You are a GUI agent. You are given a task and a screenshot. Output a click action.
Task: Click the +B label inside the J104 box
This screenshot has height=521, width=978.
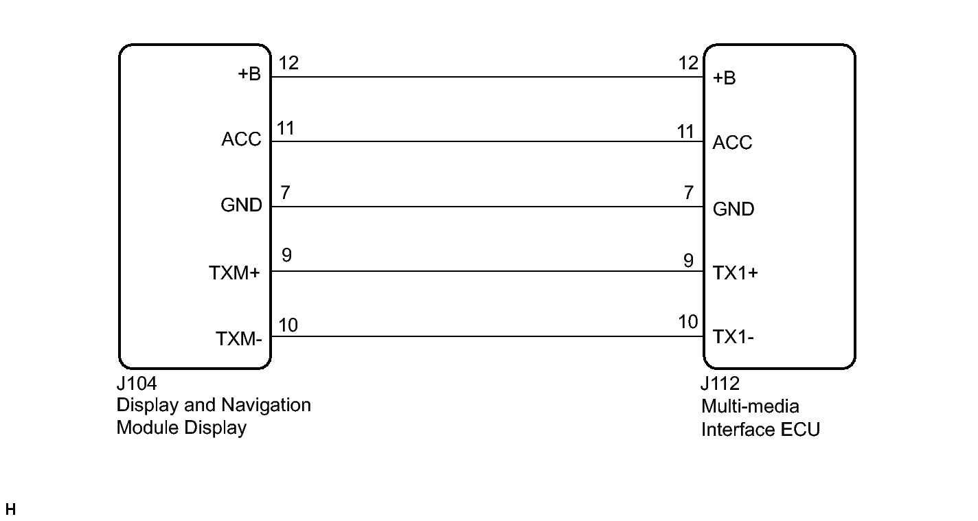click(x=249, y=73)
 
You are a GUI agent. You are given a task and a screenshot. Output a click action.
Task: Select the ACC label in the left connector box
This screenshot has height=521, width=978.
click(x=241, y=139)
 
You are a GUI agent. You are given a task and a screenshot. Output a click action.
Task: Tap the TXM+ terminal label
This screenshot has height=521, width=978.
click(x=234, y=273)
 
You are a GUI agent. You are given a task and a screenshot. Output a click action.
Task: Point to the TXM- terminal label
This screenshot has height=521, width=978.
click(x=239, y=338)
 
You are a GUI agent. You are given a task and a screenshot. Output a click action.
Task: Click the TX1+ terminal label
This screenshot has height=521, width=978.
click(x=736, y=273)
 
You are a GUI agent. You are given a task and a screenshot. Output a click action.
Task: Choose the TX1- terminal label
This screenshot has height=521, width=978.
click(x=733, y=337)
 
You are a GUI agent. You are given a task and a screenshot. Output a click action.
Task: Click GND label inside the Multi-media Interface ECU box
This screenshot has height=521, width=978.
click(x=733, y=209)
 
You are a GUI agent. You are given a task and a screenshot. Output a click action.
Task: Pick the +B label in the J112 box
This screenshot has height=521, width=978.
click(x=725, y=78)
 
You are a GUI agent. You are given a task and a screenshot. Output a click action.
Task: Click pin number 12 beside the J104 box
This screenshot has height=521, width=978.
click(x=288, y=63)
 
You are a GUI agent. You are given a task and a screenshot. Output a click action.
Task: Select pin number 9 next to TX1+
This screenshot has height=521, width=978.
click(x=689, y=261)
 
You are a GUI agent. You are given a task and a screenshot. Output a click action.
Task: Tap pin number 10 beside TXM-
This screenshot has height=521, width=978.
click(x=288, y=325)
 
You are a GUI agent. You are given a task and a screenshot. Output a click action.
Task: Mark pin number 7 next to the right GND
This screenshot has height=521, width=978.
click(x=689, y=192)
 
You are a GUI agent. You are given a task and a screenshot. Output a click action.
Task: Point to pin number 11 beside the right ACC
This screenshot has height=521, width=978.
click(x=685, y=132)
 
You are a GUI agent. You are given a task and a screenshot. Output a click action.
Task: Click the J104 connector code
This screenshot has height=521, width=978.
click(x=137, y=384)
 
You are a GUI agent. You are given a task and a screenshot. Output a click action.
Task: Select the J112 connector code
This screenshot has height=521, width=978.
click(x=720, y=384)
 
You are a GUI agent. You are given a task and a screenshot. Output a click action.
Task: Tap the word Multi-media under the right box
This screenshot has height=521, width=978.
click(x=750, y=406)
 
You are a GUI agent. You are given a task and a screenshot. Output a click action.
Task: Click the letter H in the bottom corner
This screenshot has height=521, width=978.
click(x=10, y=509)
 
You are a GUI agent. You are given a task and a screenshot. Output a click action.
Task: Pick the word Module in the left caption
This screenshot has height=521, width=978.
click(x=148, y=428)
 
